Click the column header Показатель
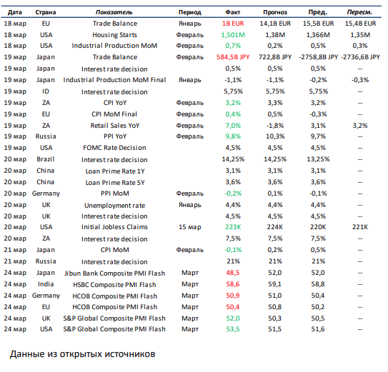tap(114, 12)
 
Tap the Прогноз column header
tap(275, 12)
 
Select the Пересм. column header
tap(359, 12)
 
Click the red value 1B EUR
tap(233, 24)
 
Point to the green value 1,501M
tap(233, 35)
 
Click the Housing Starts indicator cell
tap(114, 35)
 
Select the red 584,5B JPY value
tap(233, 57)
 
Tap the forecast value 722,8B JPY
tap(275, 57)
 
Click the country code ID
tap(46, 91)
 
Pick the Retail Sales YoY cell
tap(115, 126)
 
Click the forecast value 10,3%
tap(275, 136)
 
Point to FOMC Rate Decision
tap(114, 148)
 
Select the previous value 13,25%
tap(318, 159)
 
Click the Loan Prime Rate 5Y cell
tap(115, 183)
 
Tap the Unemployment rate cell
tap(114, 206)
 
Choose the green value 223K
tap(233, 227)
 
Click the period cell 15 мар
tap(190, 227)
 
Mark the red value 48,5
tap(233, 273)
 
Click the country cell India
tap(46, 284)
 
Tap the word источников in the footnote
tap(130, 354)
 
